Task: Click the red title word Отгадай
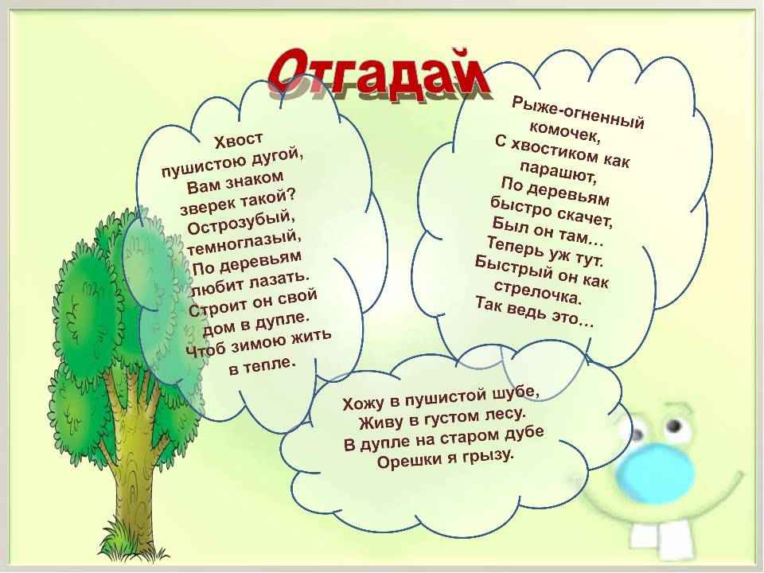pos(377,74)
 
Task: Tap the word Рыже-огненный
pos(579,112)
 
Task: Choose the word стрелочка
pos(537,291)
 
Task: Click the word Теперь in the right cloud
pos(516,246)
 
